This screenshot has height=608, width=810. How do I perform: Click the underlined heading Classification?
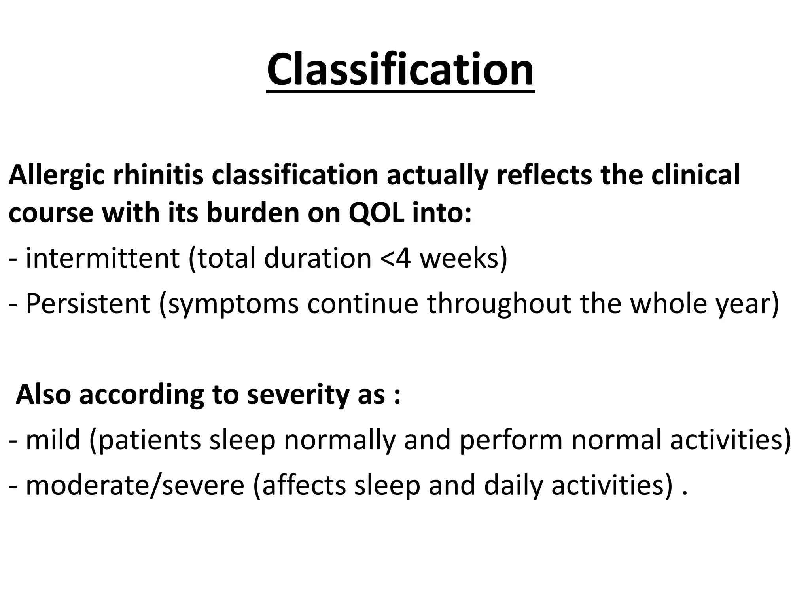[x=400, y=70]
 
